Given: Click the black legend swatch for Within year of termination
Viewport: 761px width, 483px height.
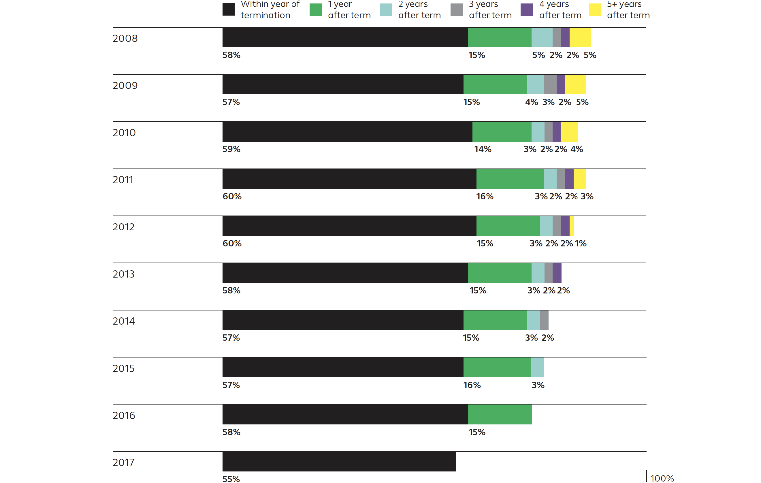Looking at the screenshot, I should click(x=228, y=10).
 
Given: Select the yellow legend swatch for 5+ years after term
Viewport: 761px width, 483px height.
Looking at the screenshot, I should click(x=595, y=10).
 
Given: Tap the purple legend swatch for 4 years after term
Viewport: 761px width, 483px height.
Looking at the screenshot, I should click(x=526, y=10).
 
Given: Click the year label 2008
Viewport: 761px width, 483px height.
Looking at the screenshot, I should click(x=125, y=38).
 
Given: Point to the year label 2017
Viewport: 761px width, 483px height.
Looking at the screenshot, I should click(x=123, y=463).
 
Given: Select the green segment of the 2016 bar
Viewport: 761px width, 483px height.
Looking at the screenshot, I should click(x=500, y=414).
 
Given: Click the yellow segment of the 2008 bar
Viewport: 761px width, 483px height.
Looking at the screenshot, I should click(x=580, y=37).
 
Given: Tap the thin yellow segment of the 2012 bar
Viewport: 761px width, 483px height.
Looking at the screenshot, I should click(x=572, y=226).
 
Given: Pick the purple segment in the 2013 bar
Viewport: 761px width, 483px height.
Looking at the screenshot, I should click(x=557, y=273).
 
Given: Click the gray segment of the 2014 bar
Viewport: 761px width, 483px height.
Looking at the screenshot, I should click(x=544, y=320).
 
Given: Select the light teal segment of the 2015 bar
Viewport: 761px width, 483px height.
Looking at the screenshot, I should click(x=538, y=367).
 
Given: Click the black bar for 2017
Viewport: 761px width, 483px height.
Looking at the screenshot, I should click(x=339, y=461).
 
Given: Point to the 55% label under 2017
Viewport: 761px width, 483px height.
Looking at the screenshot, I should click(x=231, y=479).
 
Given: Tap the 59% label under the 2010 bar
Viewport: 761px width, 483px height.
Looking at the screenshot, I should click(x=231, y=149).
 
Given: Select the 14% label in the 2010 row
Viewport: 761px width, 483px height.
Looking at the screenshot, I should click(x=483, y=149).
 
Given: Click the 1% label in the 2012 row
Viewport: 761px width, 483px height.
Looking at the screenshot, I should click(x=581, y=243).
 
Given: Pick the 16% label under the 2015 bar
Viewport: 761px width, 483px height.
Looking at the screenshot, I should click(x=472, y=385).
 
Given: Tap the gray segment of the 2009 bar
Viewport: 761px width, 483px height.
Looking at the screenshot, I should click(x=550, y=85).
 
